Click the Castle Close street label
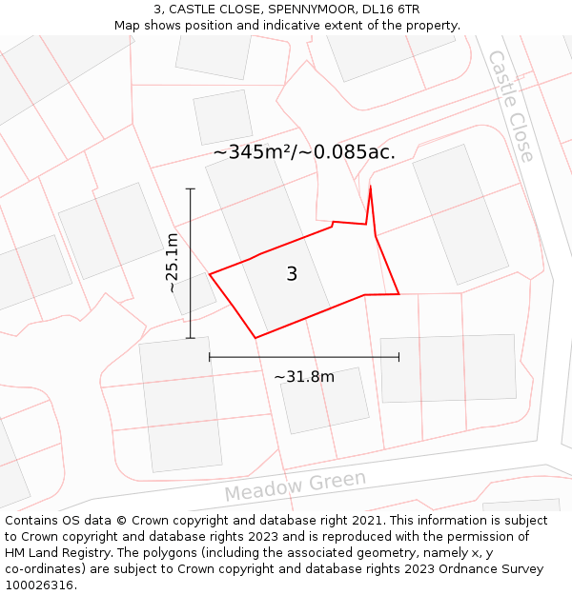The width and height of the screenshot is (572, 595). click(x=510, y=106)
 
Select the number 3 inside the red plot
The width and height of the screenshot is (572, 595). click(x=292, y=274)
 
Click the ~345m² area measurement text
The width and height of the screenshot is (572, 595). click(x=303, y=152)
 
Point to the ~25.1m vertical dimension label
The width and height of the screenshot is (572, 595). click(x=172, y=263)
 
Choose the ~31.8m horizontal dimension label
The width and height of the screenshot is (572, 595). click(x=304, y=376)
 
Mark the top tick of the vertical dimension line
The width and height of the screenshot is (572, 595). click(x=190, y=188)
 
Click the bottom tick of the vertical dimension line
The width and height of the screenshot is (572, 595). click(x=190, y=337)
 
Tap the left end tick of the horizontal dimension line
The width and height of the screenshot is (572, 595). click(x=210, y=357)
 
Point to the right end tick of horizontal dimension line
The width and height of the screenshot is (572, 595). click(x=398, y=357)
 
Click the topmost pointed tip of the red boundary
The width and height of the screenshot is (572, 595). click(x=370, y=187)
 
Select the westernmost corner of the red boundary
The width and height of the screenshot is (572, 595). click(x=210, y=274)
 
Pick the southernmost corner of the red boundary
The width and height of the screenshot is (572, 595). click(x=255, y=337)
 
